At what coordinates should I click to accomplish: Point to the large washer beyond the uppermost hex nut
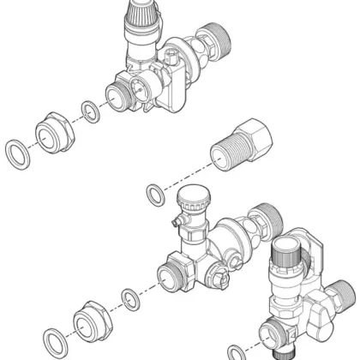pos(16,154)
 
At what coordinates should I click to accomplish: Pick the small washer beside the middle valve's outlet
pos(129,298)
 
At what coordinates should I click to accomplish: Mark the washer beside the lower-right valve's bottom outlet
pos(236,351)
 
